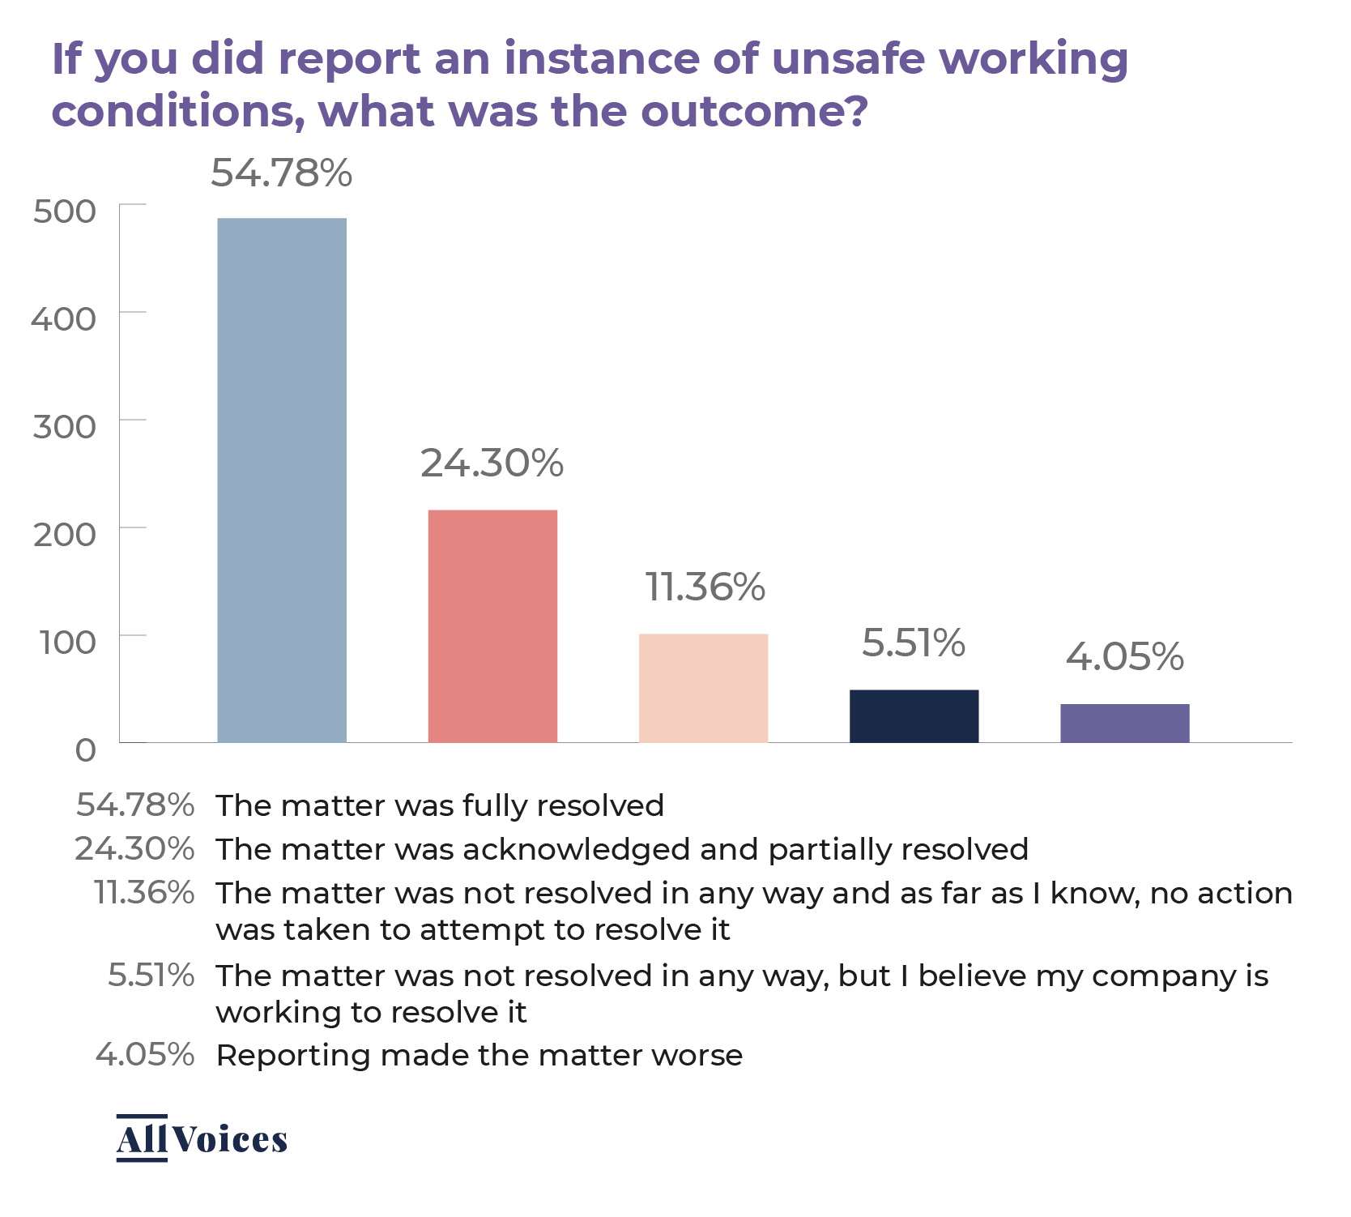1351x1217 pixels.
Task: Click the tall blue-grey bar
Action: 282,480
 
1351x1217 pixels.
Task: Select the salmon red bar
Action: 492,626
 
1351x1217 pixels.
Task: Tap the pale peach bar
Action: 703,688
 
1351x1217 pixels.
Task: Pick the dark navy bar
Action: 914,715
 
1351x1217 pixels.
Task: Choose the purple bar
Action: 1124,723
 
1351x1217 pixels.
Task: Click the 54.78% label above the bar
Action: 282,173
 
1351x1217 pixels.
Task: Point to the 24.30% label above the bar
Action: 492,463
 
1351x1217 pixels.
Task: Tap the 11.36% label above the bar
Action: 705,587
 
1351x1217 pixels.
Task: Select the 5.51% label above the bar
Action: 914,643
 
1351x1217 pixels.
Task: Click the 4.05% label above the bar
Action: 1124,656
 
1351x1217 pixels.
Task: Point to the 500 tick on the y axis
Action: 65,211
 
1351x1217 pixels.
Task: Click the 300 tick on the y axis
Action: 65,427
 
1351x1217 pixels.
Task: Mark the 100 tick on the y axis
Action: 68,643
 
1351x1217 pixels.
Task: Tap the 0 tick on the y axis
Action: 85,750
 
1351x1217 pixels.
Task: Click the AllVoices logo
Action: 202,1138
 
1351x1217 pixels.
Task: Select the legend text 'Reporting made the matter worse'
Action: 479,1056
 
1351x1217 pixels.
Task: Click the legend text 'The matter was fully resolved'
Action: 440,805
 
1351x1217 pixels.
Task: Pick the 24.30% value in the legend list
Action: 134,849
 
